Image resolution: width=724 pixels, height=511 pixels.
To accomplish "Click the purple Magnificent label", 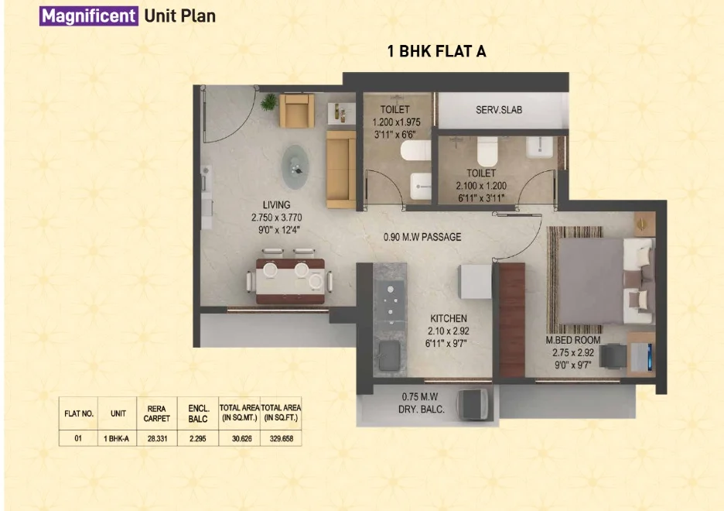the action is pyautogui.click(x=89, y=16).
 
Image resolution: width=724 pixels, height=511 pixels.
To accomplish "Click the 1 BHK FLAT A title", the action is pyautogui.click(x=436, y=51).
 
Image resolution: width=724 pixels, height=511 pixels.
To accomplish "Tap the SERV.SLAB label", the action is pyautogui.click(x=499, y=110).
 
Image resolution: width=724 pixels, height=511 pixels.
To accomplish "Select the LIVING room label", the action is pyautogui.click(x=277, y=204).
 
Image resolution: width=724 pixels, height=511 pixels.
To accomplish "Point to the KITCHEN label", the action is pyautogui.click(x=449, y=318).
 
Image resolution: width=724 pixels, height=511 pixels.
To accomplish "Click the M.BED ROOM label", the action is pyautogui.click(x=573, y=340).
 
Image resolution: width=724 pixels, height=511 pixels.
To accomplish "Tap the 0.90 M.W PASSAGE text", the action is pyautogui.click(x=422, y=237).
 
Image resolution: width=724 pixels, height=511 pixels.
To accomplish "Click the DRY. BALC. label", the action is pyautogui.click(x=421, y=410).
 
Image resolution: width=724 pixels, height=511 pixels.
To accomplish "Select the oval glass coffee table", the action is pyautogui.click(x=295, y=166).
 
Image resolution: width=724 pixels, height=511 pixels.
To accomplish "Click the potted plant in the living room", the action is pyautogui.click(x=268, y=102).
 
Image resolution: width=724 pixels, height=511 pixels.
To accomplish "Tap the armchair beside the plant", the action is pyautogui.click(x=297, y=111).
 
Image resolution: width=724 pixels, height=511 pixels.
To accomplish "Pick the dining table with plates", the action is pyautogui.click(x=290, y=281).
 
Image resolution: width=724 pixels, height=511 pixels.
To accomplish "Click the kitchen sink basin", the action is pyautogui.click(x=390, y=355).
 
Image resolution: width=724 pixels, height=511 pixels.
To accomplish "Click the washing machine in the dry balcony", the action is pyautogui.click(x=474, y=404).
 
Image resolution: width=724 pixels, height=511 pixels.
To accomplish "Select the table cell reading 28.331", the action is pyautogui.click(x=157, y=438).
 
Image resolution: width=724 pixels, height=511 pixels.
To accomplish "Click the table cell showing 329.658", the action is pyautogui.click(x=282, y=438).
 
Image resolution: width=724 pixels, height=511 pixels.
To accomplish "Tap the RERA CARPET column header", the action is pyautogui.click(x=157, y=413).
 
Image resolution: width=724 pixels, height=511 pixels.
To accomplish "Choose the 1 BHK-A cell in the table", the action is pyautogui.click(x=116, y=438).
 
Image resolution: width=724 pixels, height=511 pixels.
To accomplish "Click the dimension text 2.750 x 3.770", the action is pyautogui.click(x=277, y=218).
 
